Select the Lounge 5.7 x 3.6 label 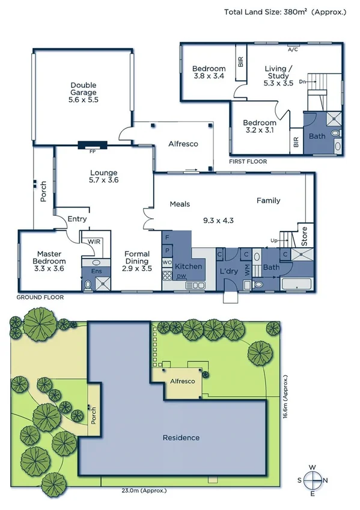click(103, 176)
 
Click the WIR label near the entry click(94, 241)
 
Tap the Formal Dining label click(136, 261)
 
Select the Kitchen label click(188, 266)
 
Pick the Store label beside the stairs click(304, 236)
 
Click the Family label click(268, 200)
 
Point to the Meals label click(180, 204)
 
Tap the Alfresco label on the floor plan click(183, 144)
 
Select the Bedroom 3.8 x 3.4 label click(209, 73)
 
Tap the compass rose click(313, 481)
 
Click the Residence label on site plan click(181, 437)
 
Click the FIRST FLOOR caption click(248, 162)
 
